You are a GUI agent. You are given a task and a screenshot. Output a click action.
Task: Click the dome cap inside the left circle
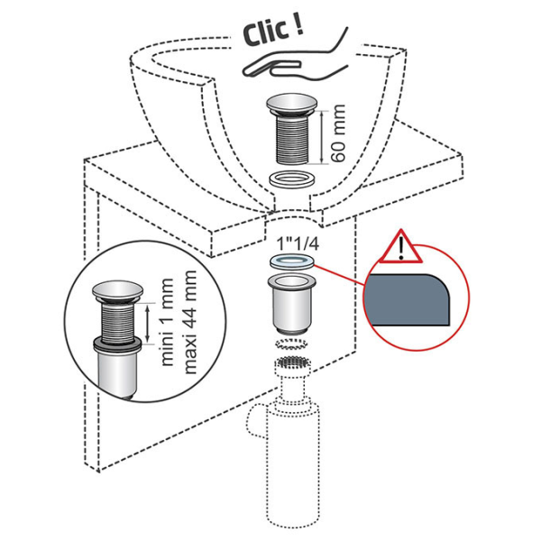[x=117, y=291]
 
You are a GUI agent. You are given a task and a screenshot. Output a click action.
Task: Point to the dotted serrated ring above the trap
[x=290, y=345]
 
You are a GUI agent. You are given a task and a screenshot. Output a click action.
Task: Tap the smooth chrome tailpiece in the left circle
[x=118, y=374]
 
